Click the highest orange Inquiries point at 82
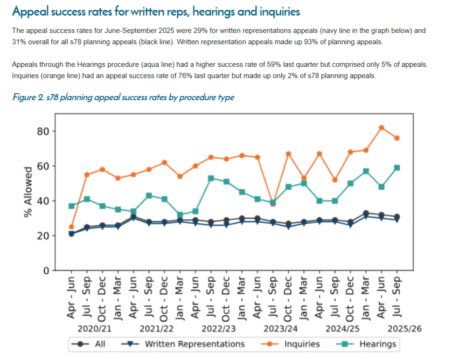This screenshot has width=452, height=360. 381,128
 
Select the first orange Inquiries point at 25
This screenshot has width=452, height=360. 72,227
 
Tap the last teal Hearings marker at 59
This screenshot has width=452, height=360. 397,168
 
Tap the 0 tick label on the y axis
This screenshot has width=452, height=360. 47,271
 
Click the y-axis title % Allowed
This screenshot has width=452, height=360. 28,192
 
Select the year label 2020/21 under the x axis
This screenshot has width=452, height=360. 94,328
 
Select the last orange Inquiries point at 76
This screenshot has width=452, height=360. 397,138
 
